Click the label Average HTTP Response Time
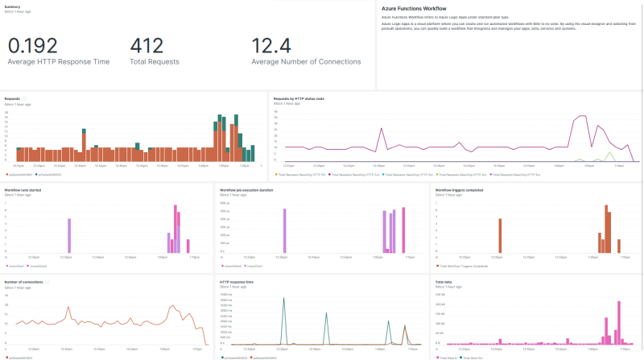coord(59,62)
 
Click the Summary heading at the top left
coord(12,6)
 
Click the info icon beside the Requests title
coord(25,98)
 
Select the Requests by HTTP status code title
coord(299,99)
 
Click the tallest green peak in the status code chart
coord(609,153)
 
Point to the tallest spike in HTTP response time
coord(283,300)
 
